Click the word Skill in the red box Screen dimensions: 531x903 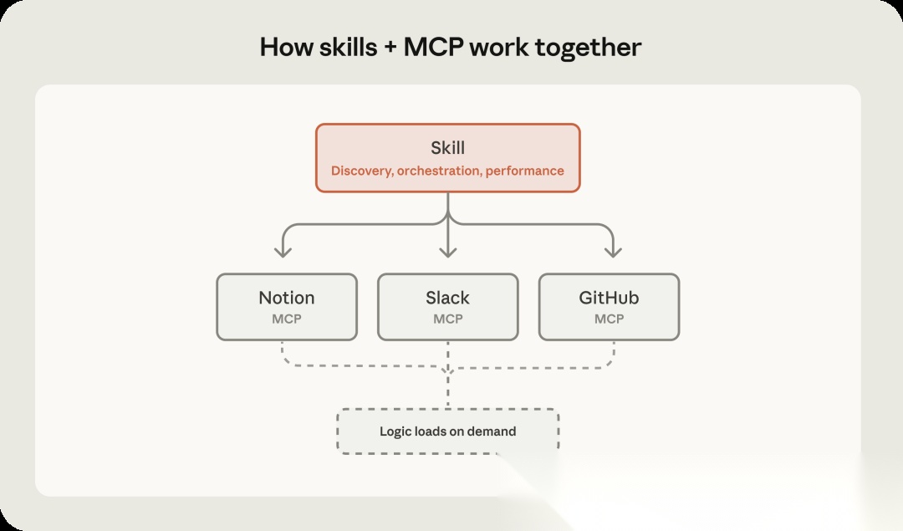coord(447,148)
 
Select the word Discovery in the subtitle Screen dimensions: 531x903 coord(361,171)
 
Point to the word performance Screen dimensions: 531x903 coord(525,171)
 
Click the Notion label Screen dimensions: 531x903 coord(287,298)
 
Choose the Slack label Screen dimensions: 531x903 coord(447,298)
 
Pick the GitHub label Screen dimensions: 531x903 coord(609,298)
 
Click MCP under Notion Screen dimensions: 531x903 coord(287,319)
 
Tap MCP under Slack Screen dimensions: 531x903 coord(447,319)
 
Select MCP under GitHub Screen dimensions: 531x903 coord(609,319)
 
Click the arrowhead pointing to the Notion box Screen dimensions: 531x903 coord(284,250)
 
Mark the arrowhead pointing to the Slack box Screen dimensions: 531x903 coord(448,250)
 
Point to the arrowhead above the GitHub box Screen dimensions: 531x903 coord(613,250)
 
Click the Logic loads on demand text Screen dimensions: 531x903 coord(447,431)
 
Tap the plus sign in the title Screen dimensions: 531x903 coord(390,47)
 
